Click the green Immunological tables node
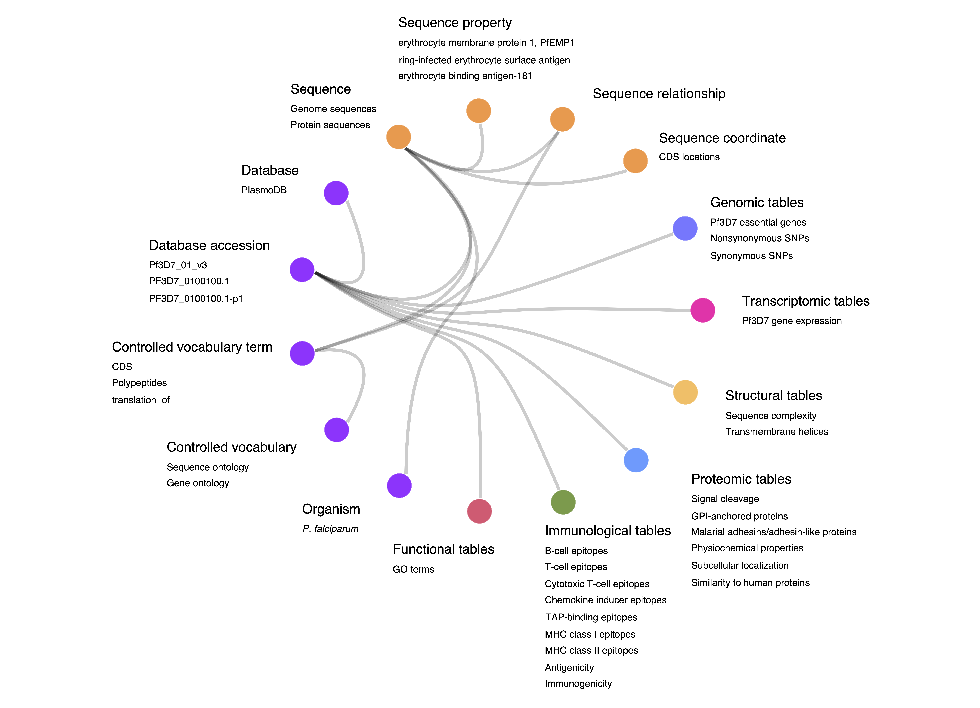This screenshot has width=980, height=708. (563, 502)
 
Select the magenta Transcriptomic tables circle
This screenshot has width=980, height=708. (703, 310)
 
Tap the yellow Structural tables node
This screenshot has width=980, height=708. (685, 392)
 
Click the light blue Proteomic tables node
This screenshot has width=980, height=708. (636, 460)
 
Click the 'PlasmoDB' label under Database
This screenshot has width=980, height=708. (264, 190)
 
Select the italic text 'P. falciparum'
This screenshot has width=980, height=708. (331, 529)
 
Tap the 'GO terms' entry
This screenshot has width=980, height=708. (414, 569)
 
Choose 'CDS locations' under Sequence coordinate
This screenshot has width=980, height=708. (689, 157)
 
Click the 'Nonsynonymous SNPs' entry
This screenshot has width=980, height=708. (760, 238)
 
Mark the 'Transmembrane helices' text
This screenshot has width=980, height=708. (776, 431)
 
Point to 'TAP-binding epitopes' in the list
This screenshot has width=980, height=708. (591, 617)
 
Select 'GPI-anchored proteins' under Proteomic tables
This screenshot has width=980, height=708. (739, 516)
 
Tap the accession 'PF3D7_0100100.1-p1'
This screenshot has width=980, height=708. (196, 299)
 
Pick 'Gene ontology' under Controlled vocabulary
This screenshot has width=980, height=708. (198, 483)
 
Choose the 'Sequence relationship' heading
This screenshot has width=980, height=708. (659, 94)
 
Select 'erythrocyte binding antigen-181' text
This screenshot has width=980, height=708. (465, 76)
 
